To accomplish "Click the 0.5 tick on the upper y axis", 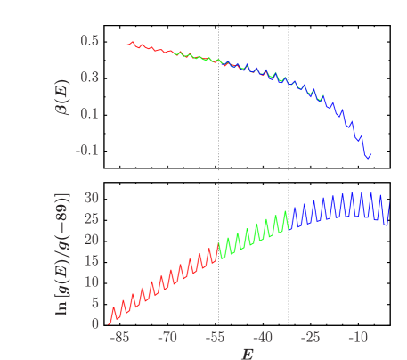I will [89, 40].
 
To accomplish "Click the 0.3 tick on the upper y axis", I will [89, 77].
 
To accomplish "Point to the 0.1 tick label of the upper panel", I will [89, 113].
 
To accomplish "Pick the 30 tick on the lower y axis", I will [91, 197].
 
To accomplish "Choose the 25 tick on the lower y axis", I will [91, 218].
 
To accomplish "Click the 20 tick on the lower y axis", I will [91, 240].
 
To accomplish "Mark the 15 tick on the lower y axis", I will [91, 260].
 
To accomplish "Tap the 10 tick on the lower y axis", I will [91, 282].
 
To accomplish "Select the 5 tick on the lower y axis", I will [94, 303].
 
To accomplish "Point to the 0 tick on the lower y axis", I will [94, 324].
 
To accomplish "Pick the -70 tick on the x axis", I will [167, 339].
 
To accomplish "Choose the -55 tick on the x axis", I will [214, 339].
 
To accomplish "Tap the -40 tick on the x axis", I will [262, 339].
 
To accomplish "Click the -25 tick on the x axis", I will [310, 339].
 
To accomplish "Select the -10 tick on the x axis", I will [357, 339].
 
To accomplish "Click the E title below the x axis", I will [247, 353].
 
